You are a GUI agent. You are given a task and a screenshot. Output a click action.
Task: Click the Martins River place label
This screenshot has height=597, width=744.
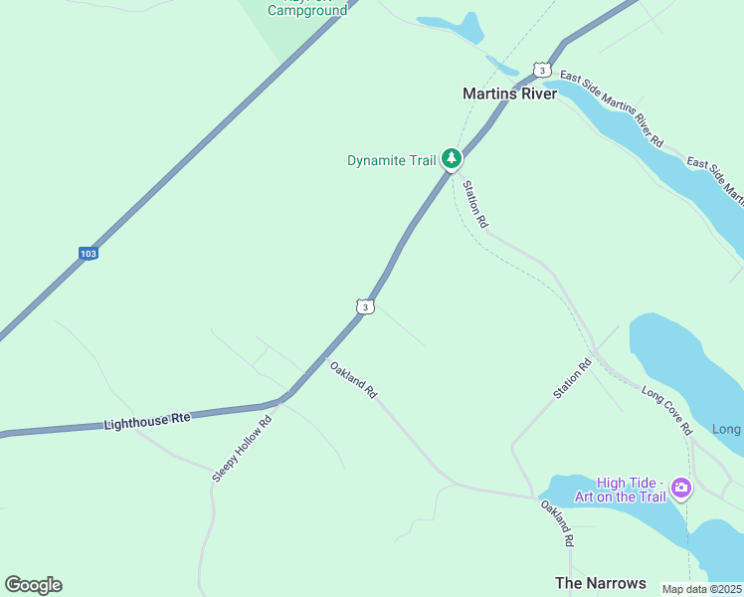509,94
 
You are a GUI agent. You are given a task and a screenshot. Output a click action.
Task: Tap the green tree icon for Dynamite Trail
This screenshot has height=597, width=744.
452,158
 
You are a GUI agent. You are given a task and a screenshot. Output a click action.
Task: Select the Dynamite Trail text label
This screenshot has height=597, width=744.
391,160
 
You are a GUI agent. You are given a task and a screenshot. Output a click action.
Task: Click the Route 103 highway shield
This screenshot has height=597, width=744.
89,254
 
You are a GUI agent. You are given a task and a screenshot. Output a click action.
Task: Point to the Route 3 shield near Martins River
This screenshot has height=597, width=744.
541,70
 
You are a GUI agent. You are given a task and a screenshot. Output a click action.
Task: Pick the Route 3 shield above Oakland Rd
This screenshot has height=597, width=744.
366,307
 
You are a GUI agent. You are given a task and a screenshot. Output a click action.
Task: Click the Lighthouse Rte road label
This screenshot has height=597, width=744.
146,422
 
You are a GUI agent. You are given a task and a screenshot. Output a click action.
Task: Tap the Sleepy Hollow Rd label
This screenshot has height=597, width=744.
242,449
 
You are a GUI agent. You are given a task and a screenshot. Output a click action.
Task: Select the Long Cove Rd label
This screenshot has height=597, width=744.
666,410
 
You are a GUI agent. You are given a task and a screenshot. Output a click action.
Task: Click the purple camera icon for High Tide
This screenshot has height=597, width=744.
681,487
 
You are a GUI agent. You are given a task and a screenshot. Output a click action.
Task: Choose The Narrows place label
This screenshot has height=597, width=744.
600,583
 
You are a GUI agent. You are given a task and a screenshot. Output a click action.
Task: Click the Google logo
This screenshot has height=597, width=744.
33,585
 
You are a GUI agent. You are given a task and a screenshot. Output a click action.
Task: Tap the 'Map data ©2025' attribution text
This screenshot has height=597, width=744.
702,589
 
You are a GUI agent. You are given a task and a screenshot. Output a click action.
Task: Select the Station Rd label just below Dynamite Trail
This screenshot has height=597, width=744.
474,205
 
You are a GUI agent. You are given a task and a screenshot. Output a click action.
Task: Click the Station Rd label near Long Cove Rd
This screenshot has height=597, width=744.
572,379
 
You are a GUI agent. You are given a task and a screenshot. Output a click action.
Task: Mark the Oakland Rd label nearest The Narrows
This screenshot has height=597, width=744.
558,522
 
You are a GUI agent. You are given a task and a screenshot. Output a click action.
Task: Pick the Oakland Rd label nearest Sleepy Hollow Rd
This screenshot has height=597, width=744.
353,379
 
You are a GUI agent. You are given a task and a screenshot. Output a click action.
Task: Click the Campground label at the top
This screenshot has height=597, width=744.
307,11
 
